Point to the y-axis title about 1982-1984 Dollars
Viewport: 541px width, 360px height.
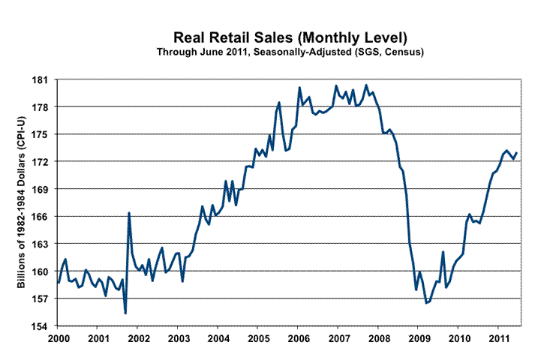point(21,203)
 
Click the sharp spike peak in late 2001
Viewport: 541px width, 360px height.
point(129,213)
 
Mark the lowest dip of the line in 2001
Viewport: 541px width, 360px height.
point(125,313)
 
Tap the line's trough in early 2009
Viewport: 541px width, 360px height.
point(426,303)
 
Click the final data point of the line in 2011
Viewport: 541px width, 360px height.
point(517,153)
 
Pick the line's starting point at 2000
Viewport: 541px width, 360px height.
point(58,283)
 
